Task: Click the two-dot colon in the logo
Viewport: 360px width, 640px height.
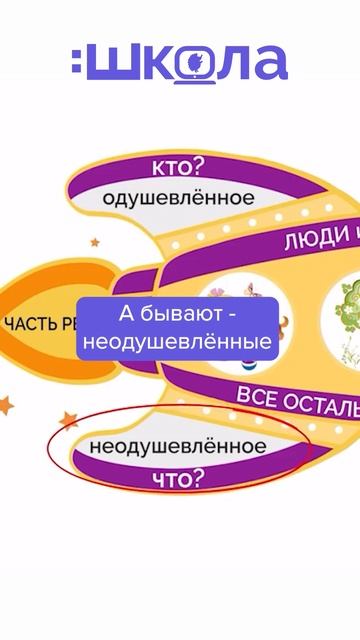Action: point(79,63)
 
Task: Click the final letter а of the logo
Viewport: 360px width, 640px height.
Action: point(267,63)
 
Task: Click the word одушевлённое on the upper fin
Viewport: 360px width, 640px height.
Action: point(179,198)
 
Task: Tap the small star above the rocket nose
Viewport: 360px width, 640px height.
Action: point(95,242)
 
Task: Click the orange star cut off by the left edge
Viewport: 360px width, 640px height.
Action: point(5,404)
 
